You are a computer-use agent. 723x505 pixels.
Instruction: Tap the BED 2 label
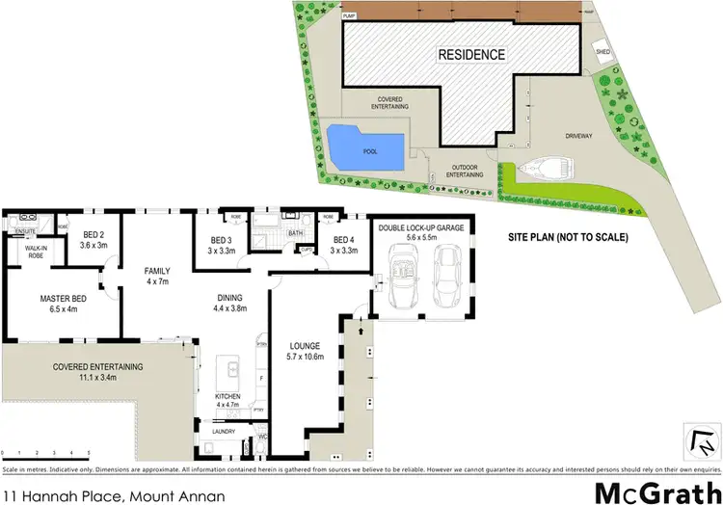coord(94,240)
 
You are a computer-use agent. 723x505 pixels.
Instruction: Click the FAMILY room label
coord(157,277)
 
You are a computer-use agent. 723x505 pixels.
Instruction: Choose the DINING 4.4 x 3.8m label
coord(229,303)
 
